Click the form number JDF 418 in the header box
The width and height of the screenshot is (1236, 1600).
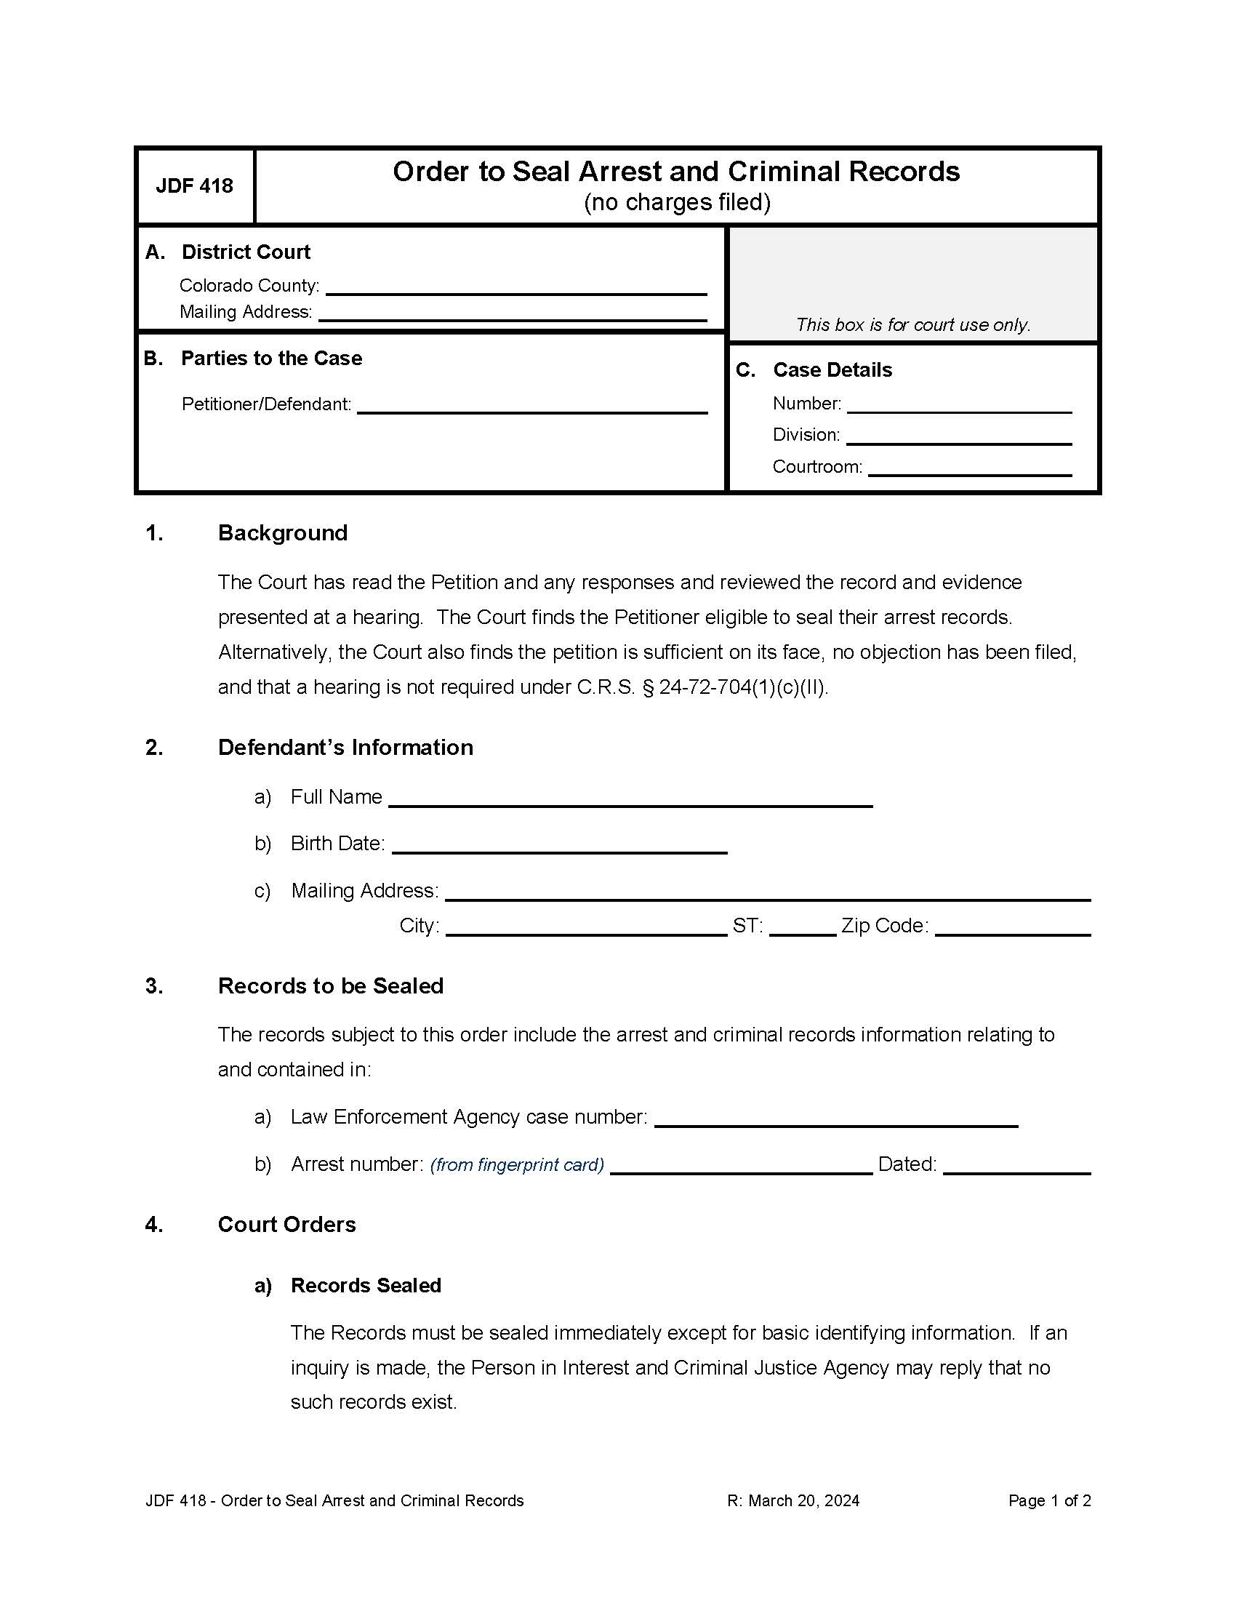(x=194, y=186)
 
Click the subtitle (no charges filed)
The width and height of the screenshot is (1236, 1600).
(x=677, y=202)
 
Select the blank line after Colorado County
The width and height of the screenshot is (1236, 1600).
(x=515, y=287)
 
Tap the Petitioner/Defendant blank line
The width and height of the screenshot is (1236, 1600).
(x=531, y=406)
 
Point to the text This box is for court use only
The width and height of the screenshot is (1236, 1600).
(x=913, y=324)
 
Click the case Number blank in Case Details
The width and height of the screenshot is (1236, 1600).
(x=958, y=405)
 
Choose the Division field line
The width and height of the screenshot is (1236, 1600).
(x=958, y=436)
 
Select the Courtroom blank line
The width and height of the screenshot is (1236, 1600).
(x=968, y=468)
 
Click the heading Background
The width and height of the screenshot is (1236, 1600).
(x=283, y=532)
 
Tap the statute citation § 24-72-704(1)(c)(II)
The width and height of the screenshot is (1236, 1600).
(x=734, y=687)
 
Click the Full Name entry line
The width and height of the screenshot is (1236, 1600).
(x=630, y=799)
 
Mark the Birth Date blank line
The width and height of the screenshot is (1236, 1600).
(x=558, y=845)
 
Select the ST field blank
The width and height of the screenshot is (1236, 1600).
(x=803, y=927)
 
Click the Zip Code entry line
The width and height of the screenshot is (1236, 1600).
(x=1012, y=927)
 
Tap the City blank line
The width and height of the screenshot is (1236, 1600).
(x=586, y=927)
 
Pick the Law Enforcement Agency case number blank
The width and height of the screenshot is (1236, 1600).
(x=835, y=1119)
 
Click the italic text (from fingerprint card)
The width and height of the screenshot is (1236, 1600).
(x=517, y=1165)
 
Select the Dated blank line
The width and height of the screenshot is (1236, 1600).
(x=1016, y=1166)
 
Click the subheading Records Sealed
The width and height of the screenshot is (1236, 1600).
(x=366, y=1285)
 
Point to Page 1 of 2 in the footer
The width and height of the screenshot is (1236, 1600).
(x=1048, y=1500)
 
